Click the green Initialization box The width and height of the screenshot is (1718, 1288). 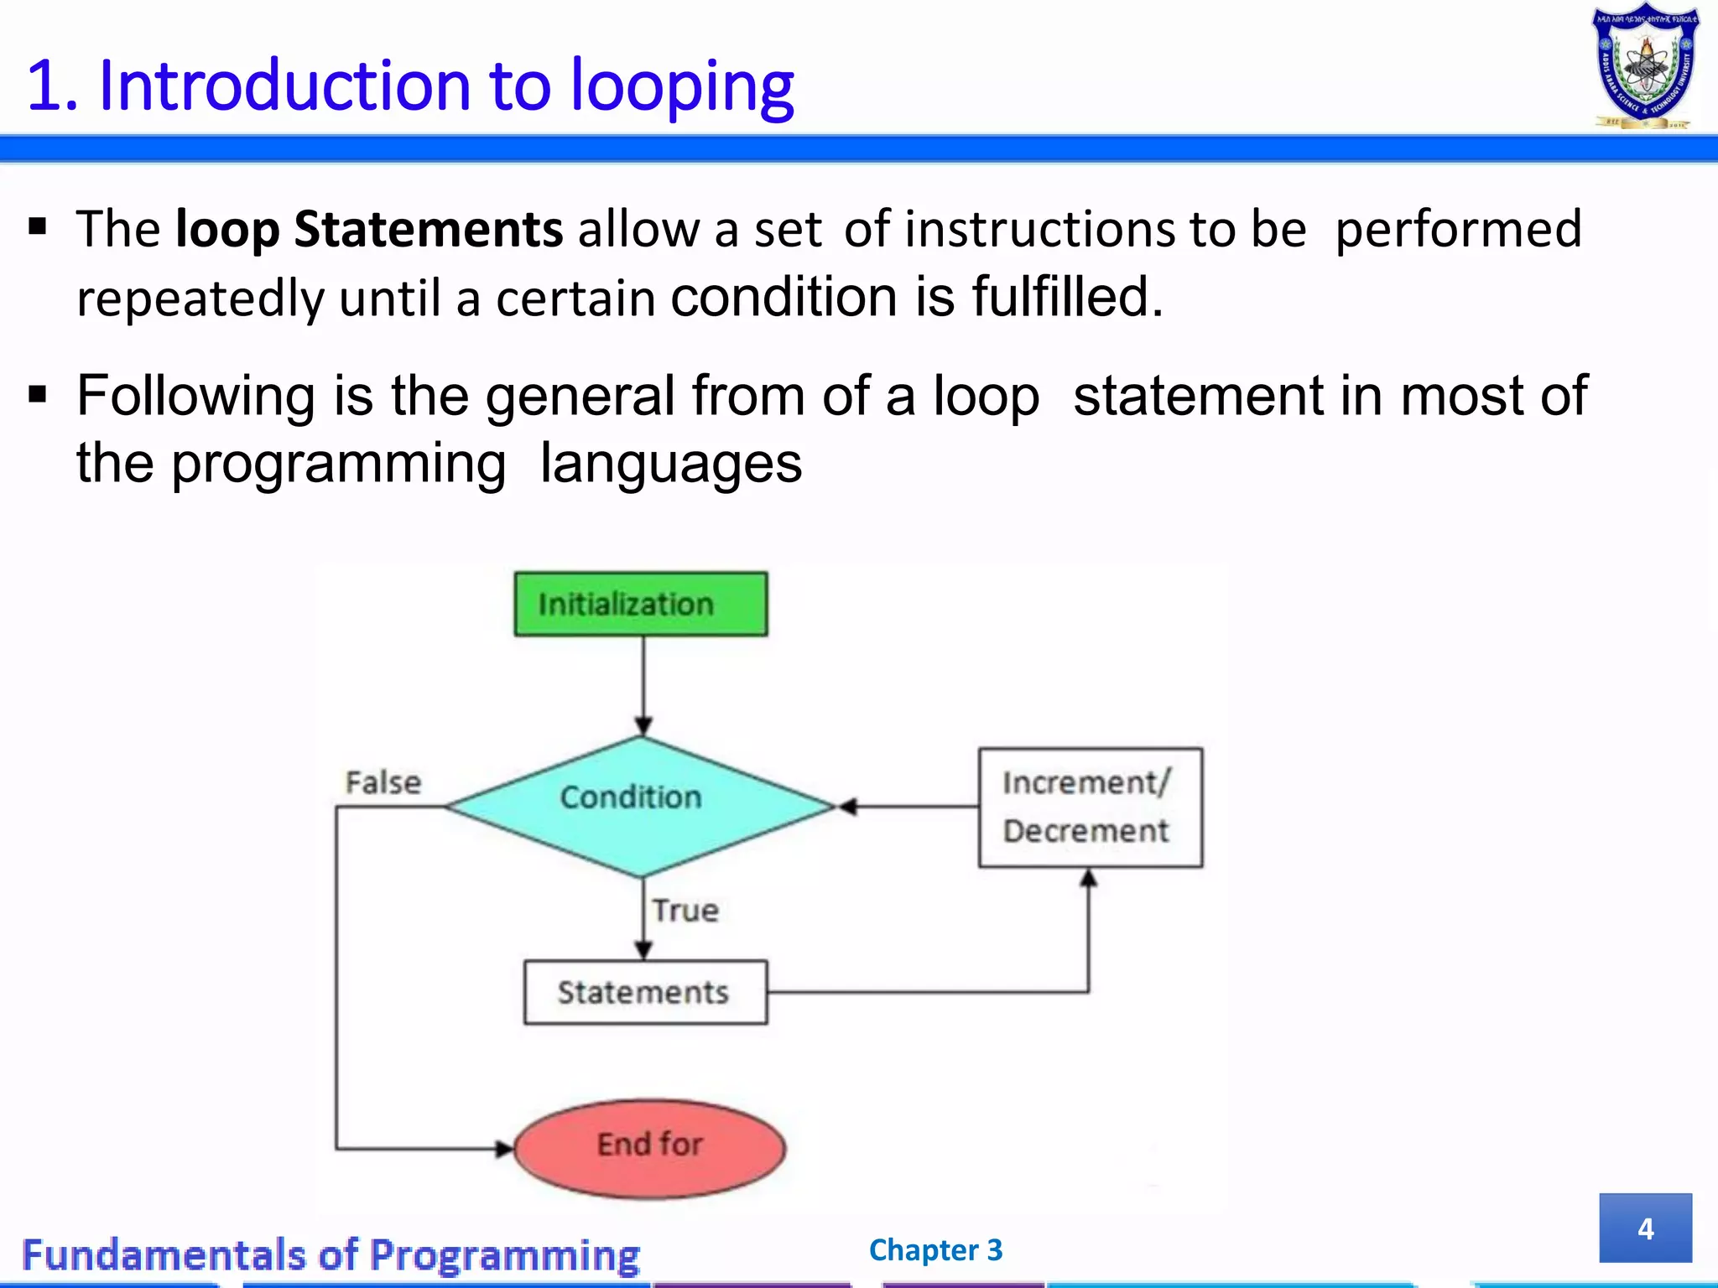tap(640, 604)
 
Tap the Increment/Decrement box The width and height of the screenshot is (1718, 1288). tap(1090, 807)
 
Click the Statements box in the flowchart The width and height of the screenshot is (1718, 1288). tap(645, 992)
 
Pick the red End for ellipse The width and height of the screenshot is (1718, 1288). tap(649, 1148)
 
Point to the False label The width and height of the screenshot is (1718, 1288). tap(383, 782)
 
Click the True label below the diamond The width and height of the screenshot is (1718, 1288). tap(685, 911)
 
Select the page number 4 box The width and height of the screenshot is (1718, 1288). tap(1645, 1228)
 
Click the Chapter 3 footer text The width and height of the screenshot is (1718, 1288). tap(935, 1249)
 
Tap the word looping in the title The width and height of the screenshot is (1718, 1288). tap(681, 86)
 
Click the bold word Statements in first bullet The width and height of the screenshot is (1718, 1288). tap(428, 229)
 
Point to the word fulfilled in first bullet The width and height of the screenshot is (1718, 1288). tap(1067, 297)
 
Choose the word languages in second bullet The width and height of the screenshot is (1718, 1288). tap(670, 464)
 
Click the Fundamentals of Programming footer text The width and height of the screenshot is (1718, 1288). tap(331, 1255)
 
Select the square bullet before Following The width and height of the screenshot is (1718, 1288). tap(37, 392)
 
